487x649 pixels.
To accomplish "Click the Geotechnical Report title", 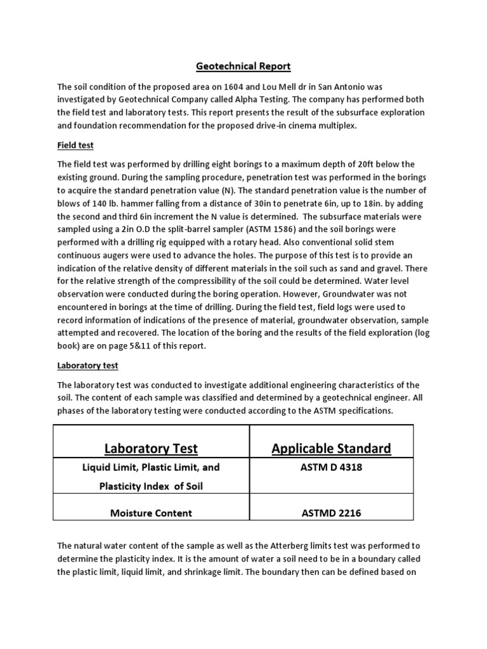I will [243, 66].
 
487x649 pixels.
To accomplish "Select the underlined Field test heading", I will [75, 145].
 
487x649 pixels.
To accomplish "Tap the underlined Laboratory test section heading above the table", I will [88, 366].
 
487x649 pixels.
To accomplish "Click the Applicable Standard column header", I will [331, 449].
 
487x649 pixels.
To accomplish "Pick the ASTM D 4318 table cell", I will [330, 468].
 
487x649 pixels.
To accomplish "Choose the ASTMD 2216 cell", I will [330, 513].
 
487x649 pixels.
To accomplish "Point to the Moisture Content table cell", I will [152, 513].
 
